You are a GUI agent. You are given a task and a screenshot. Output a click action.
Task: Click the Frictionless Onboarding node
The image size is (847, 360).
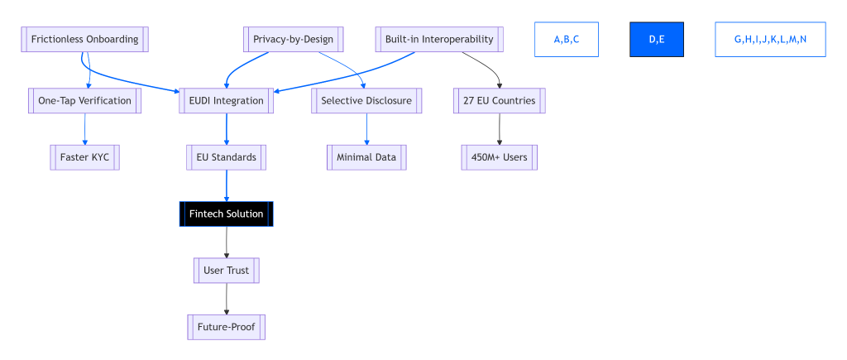84,39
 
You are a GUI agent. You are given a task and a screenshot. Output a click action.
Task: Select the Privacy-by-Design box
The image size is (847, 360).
293,39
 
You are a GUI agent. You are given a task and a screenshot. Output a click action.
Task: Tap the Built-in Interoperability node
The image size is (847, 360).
439,39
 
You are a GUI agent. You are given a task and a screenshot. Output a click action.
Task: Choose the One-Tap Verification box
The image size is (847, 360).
84,100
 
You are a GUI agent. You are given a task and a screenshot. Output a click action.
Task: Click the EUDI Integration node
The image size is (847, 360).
226,100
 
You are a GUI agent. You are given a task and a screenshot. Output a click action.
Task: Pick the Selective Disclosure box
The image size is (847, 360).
366,100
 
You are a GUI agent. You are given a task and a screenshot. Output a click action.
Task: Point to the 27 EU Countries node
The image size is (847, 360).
499,100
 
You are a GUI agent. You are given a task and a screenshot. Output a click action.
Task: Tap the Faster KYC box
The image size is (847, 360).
84,156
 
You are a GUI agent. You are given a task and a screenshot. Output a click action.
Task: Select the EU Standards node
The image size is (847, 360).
226,156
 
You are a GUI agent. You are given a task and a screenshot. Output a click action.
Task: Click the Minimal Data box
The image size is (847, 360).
366,156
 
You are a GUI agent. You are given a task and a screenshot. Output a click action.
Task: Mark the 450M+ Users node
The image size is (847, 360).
499,156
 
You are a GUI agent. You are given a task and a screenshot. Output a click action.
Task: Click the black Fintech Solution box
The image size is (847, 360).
226,214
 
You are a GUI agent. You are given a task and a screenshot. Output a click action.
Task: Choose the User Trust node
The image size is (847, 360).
226,270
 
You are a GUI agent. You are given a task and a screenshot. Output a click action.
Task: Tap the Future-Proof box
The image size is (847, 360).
226,327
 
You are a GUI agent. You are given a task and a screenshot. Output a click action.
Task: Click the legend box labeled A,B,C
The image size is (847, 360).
566,39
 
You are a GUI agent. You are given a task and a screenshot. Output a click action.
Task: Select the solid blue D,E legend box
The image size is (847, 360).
657,39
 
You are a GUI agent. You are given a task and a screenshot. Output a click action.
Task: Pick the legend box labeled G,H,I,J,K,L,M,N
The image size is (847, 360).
770,39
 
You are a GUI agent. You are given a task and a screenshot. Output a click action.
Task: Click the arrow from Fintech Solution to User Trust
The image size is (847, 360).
226,242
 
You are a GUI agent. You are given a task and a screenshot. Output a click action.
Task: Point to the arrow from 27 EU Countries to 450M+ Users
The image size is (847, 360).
499,128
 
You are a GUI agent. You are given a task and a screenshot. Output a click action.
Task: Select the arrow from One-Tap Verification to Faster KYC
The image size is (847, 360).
84,128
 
